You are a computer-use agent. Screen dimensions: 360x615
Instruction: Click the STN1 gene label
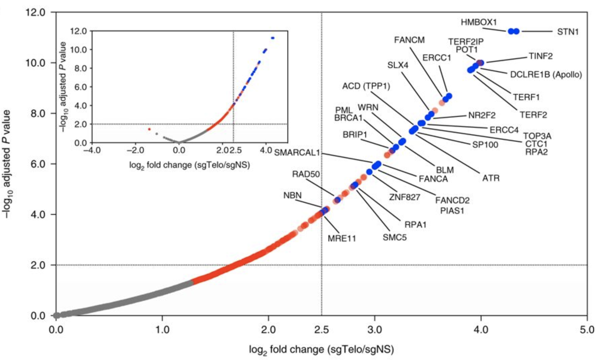[568, 32]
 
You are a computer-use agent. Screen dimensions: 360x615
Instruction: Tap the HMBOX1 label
[478, 22]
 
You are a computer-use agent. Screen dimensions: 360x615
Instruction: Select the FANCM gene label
[409, 40]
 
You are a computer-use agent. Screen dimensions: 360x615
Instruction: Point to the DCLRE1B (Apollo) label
[546, 75]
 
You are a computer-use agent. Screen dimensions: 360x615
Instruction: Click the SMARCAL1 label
[297, 153]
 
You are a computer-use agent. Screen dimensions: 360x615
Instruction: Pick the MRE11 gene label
[342, 238]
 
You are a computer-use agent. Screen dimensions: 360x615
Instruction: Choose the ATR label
[491, 178]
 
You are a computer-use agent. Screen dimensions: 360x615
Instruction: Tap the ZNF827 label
[405, 197]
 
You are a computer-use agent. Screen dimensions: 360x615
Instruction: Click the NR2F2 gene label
[482, 116]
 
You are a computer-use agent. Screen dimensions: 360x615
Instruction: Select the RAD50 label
[306, 174]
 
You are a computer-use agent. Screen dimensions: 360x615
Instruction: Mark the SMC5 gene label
[394, 237]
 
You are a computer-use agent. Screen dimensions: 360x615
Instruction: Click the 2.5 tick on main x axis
[322, 329]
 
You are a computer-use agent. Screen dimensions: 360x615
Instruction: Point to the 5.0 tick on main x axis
[587, 329]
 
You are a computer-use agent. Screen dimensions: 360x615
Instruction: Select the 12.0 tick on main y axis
[35, 12]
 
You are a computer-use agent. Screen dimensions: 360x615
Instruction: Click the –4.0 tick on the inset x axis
[92, 150]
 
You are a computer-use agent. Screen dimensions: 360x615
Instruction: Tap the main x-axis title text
[321, 350]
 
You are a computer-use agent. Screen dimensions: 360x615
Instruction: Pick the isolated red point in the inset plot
[149, 129]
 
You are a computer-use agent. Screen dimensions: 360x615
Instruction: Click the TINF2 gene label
[540, 56]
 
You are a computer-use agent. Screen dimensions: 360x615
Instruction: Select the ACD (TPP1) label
[366, 86]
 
